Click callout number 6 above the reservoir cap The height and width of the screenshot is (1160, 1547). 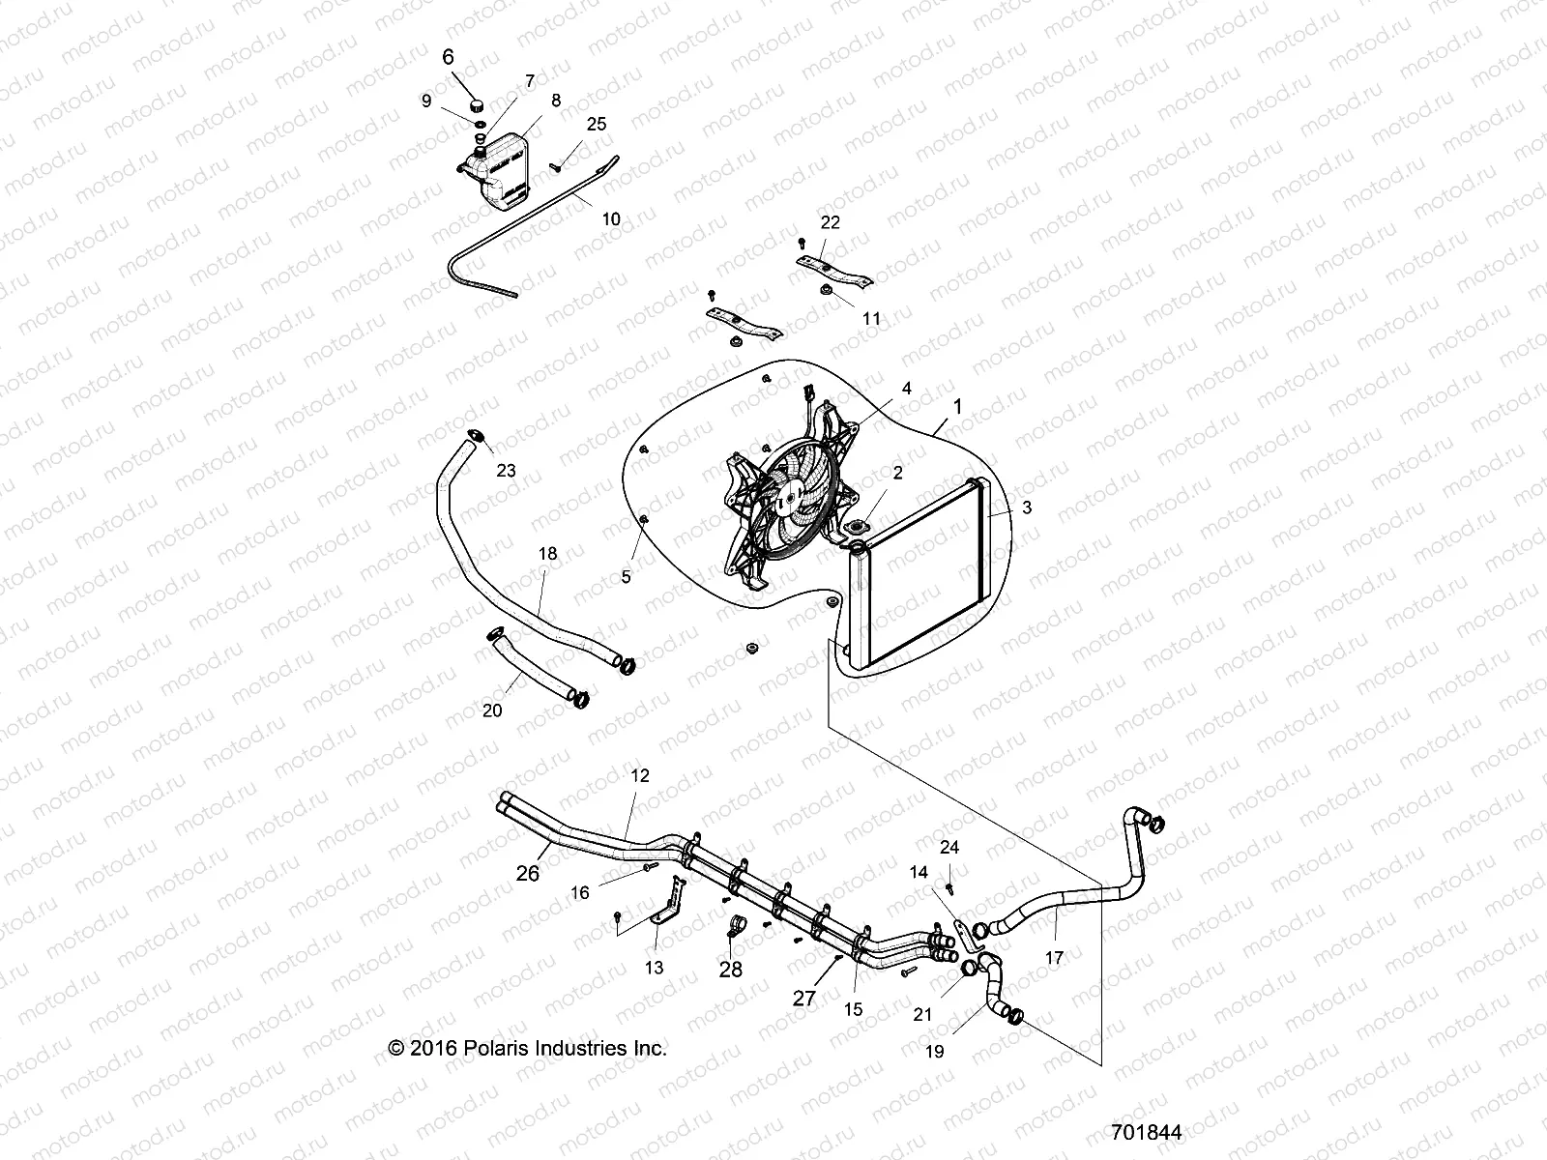448,57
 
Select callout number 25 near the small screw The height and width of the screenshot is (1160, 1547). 597,124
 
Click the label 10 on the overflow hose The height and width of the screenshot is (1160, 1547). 611,219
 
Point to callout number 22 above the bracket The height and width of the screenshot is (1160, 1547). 830,221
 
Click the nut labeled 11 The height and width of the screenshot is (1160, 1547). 828,290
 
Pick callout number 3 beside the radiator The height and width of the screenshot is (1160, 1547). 1027,507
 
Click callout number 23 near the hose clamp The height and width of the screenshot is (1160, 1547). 506,471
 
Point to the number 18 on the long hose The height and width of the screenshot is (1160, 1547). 548,554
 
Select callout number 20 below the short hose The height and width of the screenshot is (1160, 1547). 492,710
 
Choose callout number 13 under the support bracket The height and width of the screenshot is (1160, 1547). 655,967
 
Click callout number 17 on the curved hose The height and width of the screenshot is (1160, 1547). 1054,958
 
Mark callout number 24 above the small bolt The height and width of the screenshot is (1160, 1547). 949,847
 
